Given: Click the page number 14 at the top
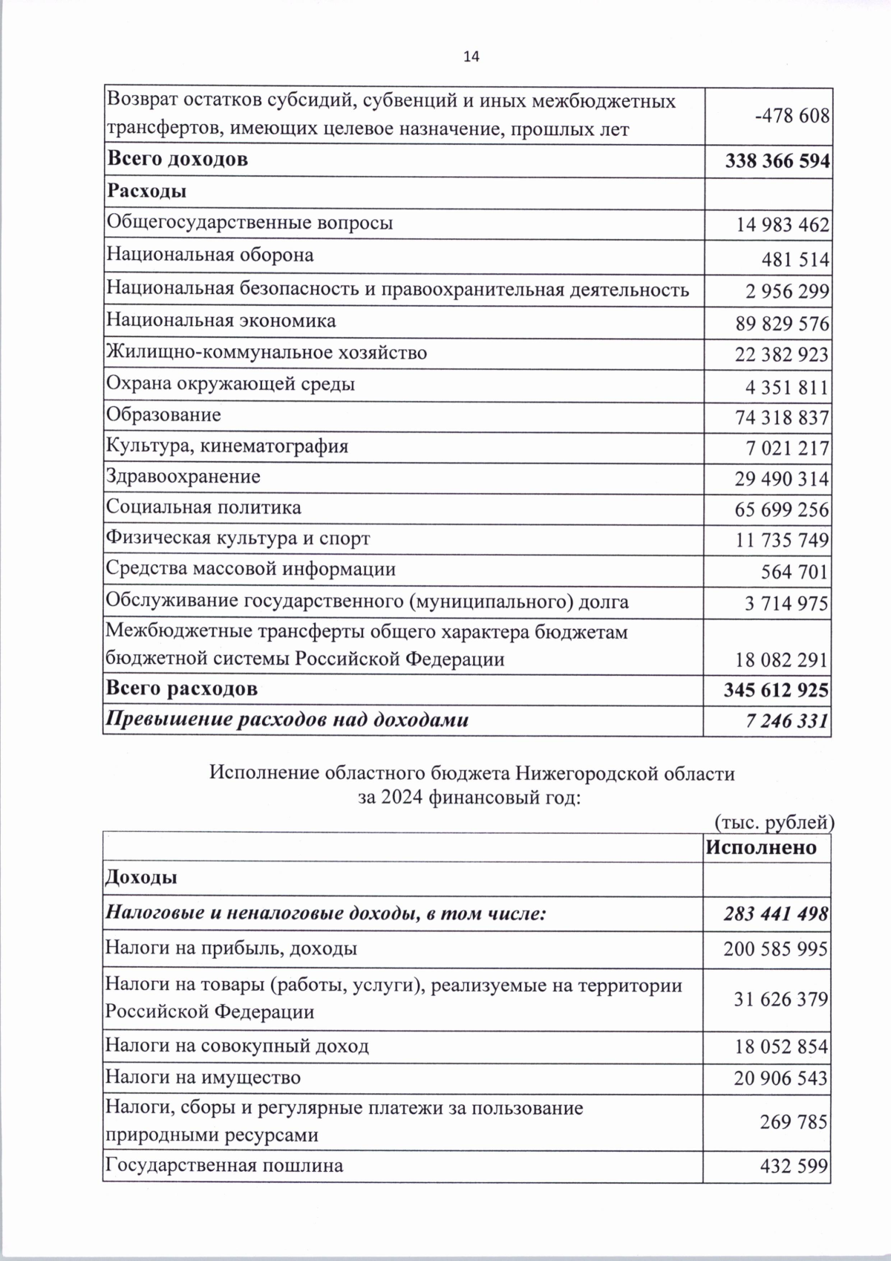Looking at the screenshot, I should point(471,56).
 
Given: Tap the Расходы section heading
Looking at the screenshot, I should point(147,192).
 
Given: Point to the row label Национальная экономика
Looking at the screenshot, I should point(221,321).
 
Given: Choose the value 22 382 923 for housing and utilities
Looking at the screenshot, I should point(782,355).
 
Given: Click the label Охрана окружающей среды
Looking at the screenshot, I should point(230,384).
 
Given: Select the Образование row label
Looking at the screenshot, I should point(164,414).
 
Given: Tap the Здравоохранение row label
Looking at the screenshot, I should point(183,476).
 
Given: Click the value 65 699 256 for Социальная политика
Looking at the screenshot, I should point(782,510).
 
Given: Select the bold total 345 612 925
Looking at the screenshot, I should point(776,691).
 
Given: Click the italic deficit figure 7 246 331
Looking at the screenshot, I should point(787,720).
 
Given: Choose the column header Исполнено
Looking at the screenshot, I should point(761,847).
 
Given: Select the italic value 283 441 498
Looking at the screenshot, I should point(776,914).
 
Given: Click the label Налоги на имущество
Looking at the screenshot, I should point(203,1077).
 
